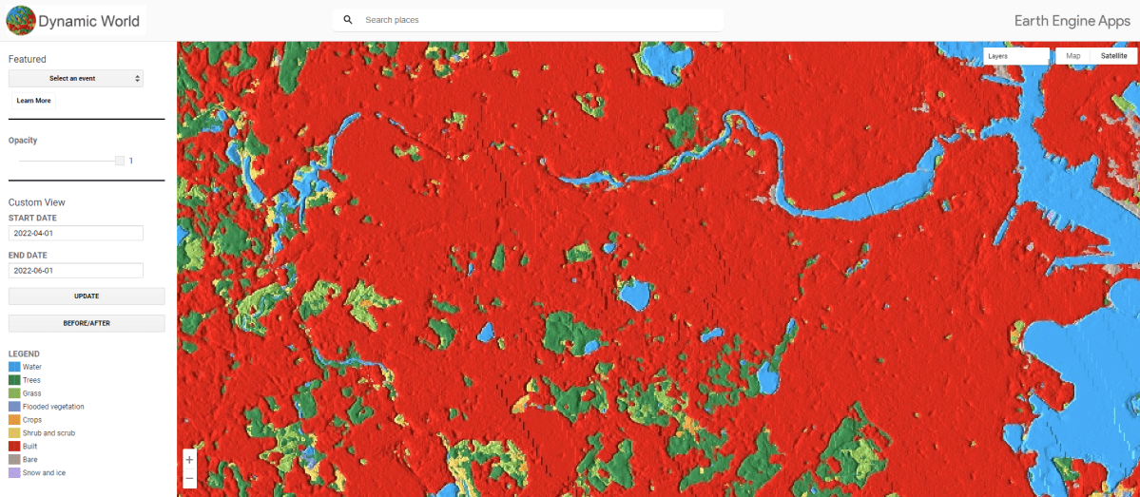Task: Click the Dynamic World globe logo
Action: pyautogui.click(x=20, y=20)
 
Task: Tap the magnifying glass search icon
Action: pyautogui.click(x=348, y=20)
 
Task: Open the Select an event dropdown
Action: pyautogui.click(x=76, y=78)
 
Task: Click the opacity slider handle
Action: pyautogui.click(x=120, y=161)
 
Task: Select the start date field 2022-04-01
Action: pyautogui.click(x=76, y=233)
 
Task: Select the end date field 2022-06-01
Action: pyautogui.click(x=76, y=271)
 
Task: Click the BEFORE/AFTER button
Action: pyautogui.click(x=87, y=323)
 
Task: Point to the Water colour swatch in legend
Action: pyautogui.click(x=14, y=367)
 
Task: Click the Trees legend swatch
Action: pyautogui.click(x=14, y=380)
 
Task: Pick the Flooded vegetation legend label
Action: pyautogui.click(x=53, y=407)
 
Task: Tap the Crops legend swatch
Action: pyautogui.click(x=14, y=420)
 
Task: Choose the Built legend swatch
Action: pyautogui.click(x=14, y=446)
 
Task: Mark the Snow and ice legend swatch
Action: pyautogui.click(x=14, y=472)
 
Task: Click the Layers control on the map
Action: pyautogui.click(x=1015, y=56)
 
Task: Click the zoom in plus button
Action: pyautogui.click(x=189, y=459)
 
